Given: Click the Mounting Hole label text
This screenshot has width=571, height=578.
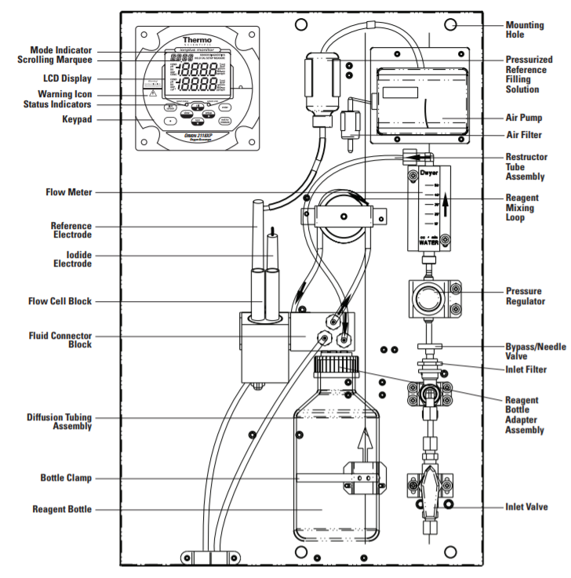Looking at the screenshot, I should click(x=524, y=30).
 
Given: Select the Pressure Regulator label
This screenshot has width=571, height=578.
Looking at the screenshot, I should click(x=525, y=296).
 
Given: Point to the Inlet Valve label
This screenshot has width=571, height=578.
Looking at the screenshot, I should click(x=526, y=507).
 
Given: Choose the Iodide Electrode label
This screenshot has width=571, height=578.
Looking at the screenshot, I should click(x=71, y=259).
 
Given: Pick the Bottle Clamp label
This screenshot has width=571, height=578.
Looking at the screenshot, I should click(x=65, y=478).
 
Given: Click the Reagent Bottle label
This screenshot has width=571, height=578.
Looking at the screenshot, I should click(x=61, y=509).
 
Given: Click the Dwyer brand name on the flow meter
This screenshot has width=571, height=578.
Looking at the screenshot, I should click(x=428, y=171).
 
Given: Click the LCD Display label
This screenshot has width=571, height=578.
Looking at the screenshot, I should click(x=67, y=78).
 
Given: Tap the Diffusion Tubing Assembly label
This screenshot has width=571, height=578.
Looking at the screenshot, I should click(x=60, y=422).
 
